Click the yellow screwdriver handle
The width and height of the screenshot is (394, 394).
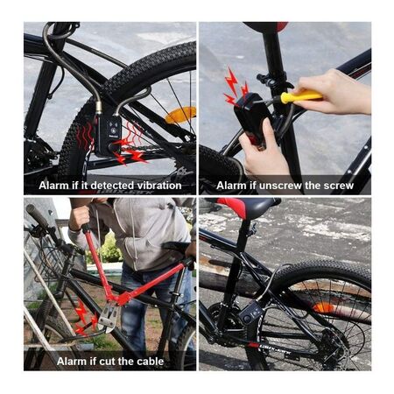coord(301,95)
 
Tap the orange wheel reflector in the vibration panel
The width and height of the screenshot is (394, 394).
coord(179,115)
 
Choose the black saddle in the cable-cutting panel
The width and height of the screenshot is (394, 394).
coord(176,246)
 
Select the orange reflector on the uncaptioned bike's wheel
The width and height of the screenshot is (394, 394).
coord(324,307)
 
